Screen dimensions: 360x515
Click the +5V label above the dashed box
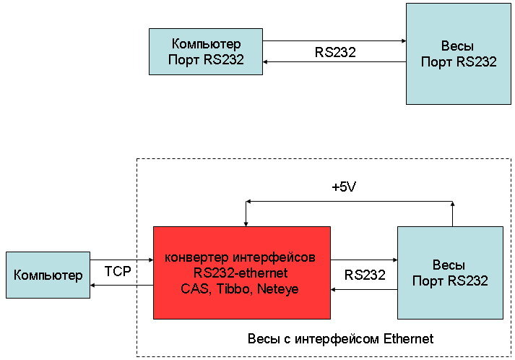point(344,187)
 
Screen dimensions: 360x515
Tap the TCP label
point(118,273)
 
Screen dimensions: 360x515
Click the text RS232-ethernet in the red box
point(241,273)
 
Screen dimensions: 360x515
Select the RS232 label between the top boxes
point(335,52)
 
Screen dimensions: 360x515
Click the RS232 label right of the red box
point(365,275)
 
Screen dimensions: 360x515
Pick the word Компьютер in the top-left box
point(206,45)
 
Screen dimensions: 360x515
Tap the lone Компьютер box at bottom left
point(48,275)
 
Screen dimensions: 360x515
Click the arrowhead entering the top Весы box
point(402,41)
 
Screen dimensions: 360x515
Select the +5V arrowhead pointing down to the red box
point(246,222)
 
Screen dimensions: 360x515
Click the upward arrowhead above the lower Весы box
point(453,205)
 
